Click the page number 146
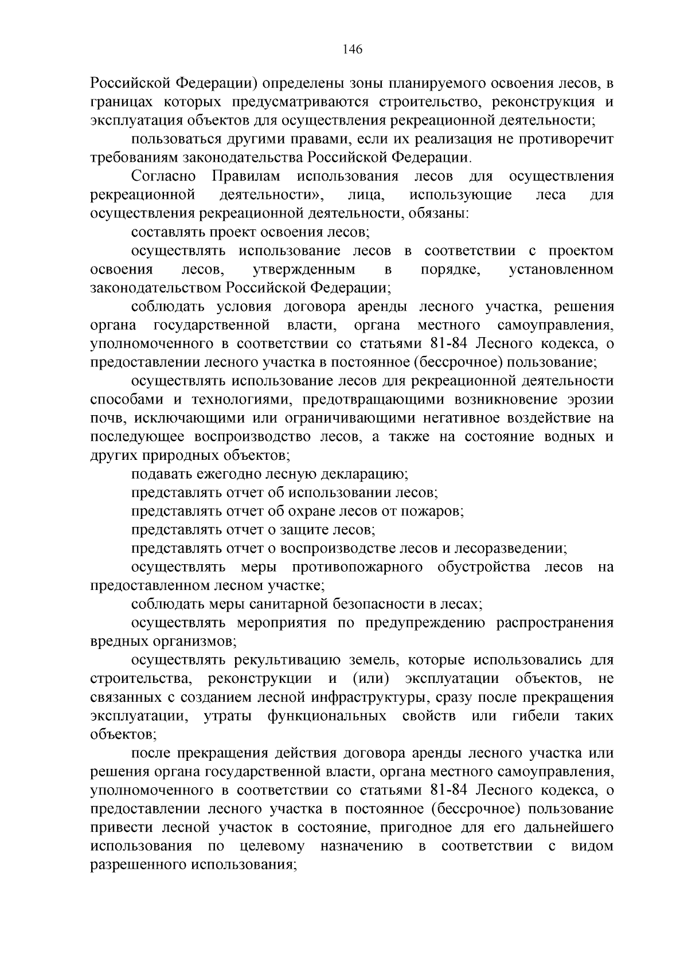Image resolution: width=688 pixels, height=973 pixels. point(352,49)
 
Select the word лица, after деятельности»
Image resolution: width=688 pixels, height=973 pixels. point(366,195)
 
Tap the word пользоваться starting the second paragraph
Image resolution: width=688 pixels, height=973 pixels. point(173,139)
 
